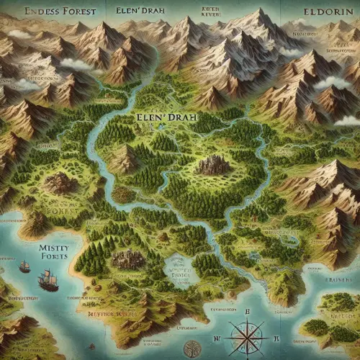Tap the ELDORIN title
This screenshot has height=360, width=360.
point(318,12)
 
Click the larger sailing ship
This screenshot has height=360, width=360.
point(48,280)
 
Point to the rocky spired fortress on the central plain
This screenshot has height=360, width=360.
point(212,165)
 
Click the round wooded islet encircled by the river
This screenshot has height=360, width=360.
point(124,194)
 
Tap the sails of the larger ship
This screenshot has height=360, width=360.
point(48,275)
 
